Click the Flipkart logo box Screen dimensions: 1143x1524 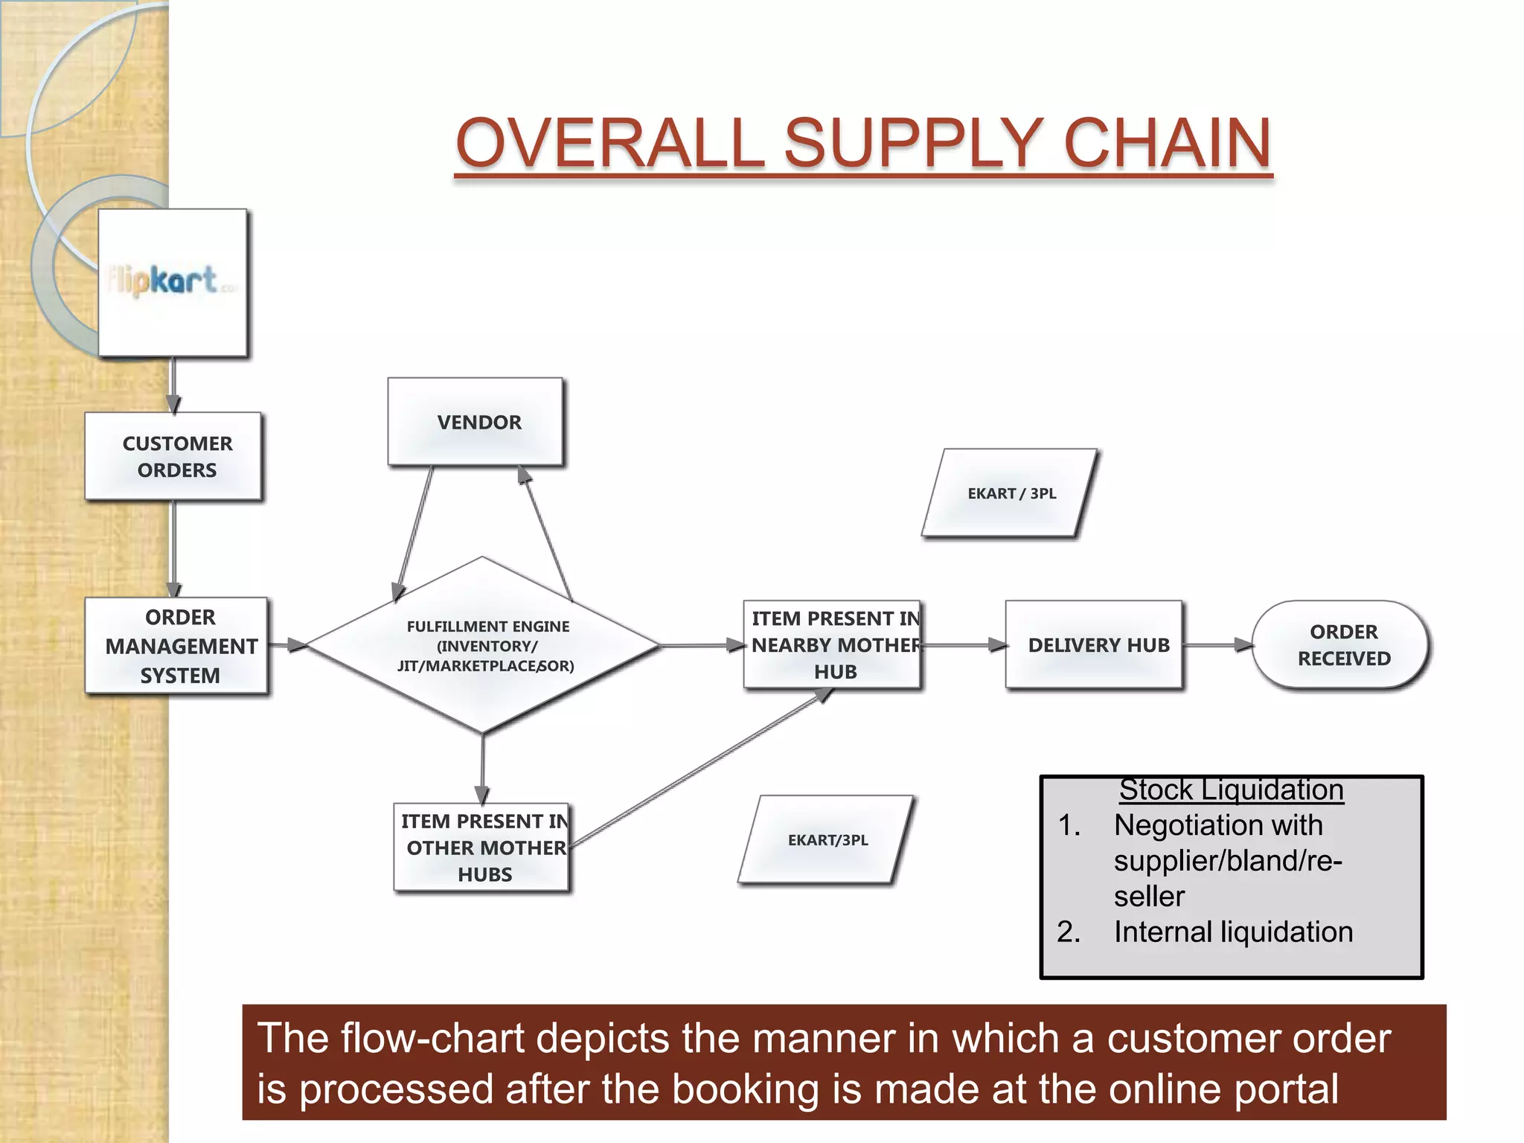[173, 282]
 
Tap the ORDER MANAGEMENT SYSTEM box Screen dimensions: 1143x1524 [177, 646]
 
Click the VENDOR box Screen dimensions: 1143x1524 [476, 422]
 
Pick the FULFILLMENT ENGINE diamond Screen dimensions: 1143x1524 [483, 645]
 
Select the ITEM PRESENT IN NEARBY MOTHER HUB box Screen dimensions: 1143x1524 [833, 644]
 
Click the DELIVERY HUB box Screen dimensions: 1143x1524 [1094, 645]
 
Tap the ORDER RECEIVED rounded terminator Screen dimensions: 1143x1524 [1341, 645]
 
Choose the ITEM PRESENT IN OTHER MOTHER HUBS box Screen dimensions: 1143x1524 [482, 847]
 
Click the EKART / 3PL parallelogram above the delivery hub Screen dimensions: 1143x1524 [1010, 493]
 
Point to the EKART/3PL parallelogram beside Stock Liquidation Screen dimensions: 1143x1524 [827, 840]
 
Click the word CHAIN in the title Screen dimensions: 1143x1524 [1168, 143]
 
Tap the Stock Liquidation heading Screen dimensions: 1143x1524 [1231, 790]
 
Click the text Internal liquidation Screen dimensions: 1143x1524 [1233, 932]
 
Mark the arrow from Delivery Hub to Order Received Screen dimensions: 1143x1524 [1217, 645]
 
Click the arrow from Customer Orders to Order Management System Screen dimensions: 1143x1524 [173, 549]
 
